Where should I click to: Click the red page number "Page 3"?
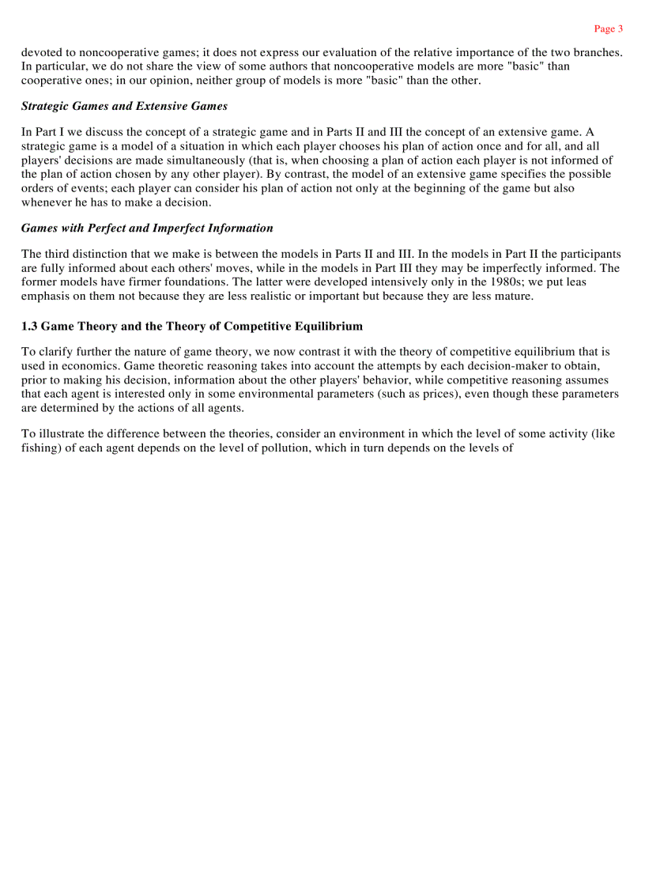(x=608, y=29)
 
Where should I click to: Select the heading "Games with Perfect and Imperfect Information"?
(x=147, y=228)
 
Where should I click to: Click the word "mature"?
(x=511, y=297)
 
